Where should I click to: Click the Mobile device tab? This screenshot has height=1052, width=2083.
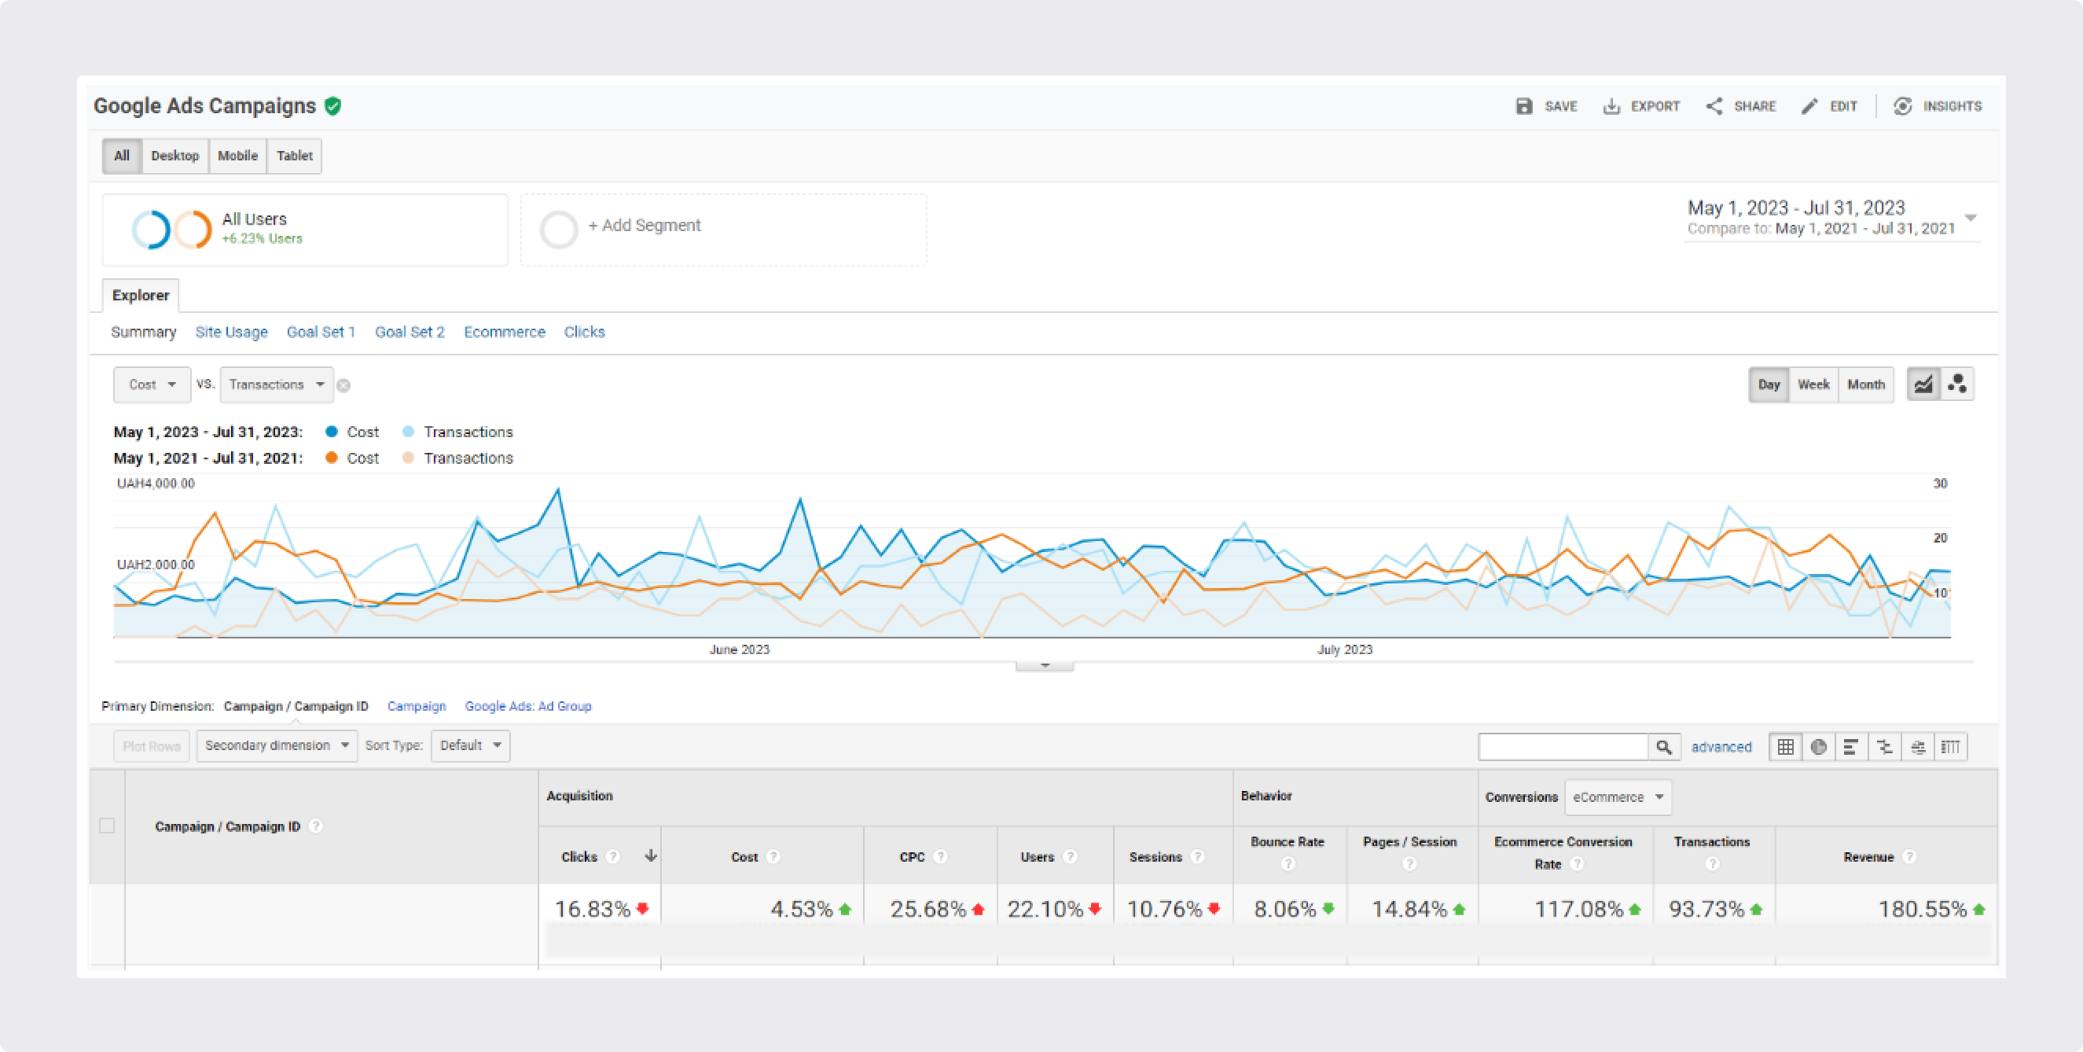(x=237, y=156)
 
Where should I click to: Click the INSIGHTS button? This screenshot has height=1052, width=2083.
(x=1938, y=107)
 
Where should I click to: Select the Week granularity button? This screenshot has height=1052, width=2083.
(x=1813, y=385)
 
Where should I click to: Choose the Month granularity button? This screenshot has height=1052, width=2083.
(x=1865, y=385)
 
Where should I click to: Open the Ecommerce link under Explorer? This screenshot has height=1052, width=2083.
(x=505, y=333)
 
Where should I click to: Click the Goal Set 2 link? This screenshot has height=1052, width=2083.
(x=410, y=333)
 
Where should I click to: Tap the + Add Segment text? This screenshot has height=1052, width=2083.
(x=645, y=226)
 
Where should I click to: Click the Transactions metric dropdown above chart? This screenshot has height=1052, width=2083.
(x=276, y=385)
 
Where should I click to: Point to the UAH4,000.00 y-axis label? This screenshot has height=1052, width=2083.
(x=156, y=484)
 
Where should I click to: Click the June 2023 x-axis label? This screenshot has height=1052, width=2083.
(x=739, y=649)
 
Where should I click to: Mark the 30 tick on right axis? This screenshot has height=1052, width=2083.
(x=1940, y=484)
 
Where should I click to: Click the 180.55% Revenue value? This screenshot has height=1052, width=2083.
(x=1922, y=910)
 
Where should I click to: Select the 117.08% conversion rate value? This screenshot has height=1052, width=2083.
(x=1578, y=910)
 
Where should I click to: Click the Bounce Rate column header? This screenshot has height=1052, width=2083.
(x=1288, y=842)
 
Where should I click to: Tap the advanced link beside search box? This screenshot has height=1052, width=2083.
(x=1721, y=747)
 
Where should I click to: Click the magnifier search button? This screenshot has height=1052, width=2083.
(x=1663, y=747)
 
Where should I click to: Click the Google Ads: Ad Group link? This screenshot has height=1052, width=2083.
(x=528, y=707)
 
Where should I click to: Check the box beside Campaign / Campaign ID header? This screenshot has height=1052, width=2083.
(x=107, y=826)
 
